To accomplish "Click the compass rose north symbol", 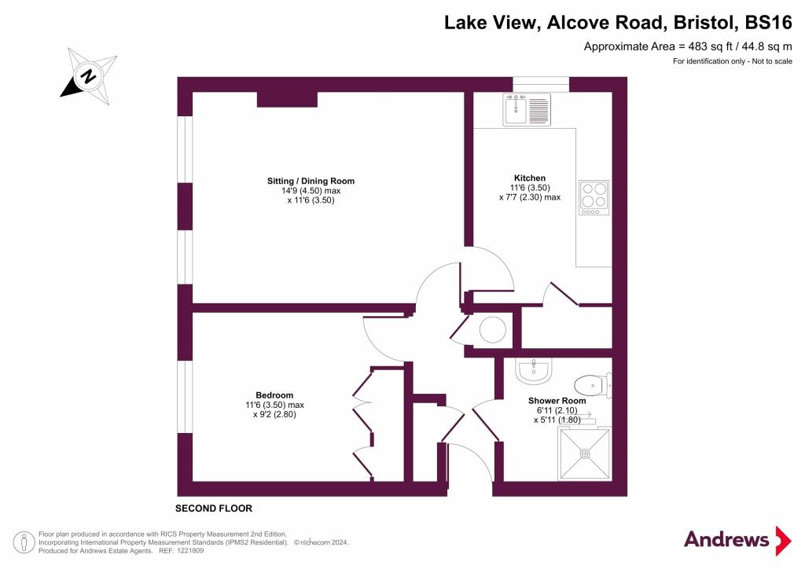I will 89,76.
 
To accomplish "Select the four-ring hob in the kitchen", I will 594,197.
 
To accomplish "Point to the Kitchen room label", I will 529,178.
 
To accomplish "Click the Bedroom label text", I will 274,395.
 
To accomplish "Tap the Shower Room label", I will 557,401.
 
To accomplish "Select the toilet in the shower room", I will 592,385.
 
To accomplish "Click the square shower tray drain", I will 585,453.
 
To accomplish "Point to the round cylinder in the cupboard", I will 494,329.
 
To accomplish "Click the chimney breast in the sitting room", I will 287,99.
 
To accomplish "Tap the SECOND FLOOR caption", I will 214,508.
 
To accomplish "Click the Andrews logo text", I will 726,540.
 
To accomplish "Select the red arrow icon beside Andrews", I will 783,541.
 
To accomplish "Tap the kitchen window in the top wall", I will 541,82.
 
